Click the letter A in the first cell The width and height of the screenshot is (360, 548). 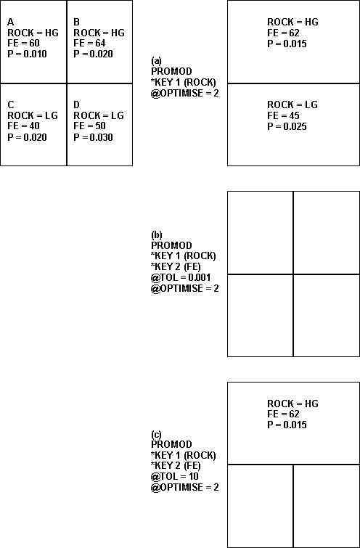[10, 23]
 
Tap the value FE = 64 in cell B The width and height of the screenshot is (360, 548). [89, 44]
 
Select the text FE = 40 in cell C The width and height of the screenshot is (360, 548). [23, 126]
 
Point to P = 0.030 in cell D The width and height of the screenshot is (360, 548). [93, 137]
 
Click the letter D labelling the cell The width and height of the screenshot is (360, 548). [76, 105]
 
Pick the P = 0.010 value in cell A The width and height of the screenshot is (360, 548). [28, 54]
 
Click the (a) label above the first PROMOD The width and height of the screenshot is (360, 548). [156, 61]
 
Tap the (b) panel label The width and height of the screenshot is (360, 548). [157, 235]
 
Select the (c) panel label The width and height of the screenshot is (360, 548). [156, 435]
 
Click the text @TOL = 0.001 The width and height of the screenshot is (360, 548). [181, 277]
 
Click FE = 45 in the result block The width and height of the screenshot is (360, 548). [284, 115]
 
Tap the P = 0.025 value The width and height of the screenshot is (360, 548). [287, 126]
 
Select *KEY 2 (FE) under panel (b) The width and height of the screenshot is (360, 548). [176, 266]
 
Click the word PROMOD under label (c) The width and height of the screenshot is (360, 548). [171, 444]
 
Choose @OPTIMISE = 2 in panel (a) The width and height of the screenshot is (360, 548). [185, 94]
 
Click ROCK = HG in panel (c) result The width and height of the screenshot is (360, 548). [293, 404]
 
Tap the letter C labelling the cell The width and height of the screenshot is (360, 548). [10, 105]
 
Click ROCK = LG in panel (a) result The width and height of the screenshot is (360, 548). [292, 105]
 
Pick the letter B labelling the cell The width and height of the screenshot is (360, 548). [76, 23]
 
